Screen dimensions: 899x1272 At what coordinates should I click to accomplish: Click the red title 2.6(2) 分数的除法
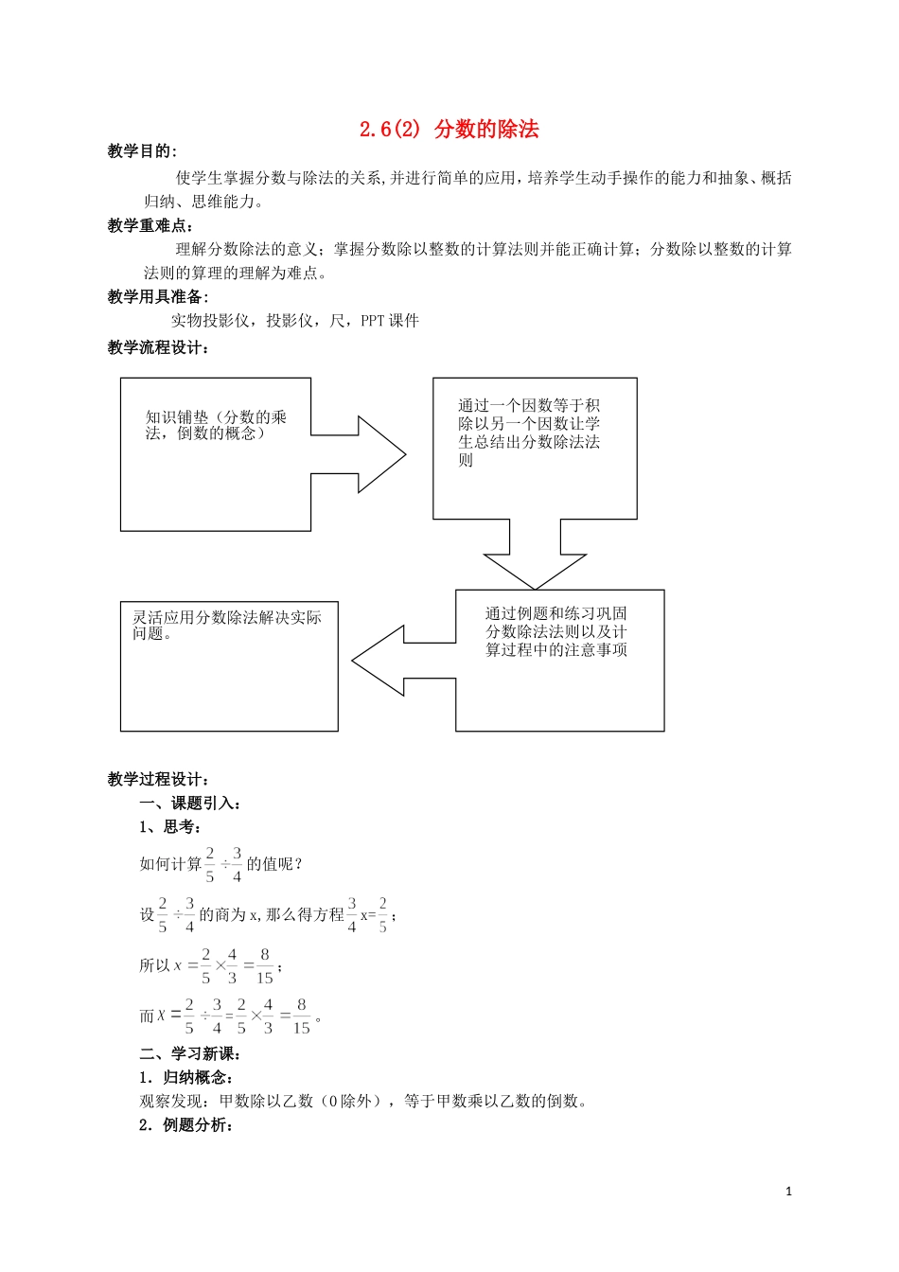(x=449, y=130)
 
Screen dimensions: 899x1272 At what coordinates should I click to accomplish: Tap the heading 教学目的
(x=141, y=151)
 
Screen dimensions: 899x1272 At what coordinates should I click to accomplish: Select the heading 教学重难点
(x=150, y=225)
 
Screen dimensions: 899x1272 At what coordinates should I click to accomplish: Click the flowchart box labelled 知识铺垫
(x=216, y=454)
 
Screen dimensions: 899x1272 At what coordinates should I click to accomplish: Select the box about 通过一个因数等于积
(x=535, y=448)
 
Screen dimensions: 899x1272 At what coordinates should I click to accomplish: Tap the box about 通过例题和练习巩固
(x=559, y=660)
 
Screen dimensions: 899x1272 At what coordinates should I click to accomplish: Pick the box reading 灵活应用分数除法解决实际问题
(x=229, y=666)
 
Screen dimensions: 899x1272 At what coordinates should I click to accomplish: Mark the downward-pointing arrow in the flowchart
(x=535, y=558)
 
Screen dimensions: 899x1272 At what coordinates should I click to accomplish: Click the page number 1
(x=789, y=1192)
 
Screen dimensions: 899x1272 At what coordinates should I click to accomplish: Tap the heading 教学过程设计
(x=158, y=780)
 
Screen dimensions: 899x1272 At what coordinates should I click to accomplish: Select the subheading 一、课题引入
(x=190, y=804)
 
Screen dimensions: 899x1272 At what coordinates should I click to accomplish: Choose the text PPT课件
(x=390, y=321)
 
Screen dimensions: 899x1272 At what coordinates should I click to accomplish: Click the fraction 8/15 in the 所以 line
(x=264, y=966)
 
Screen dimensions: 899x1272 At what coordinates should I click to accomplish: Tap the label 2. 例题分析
(x=185, y=1125)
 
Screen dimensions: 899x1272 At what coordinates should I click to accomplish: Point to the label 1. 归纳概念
(x=185, y=1078)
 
